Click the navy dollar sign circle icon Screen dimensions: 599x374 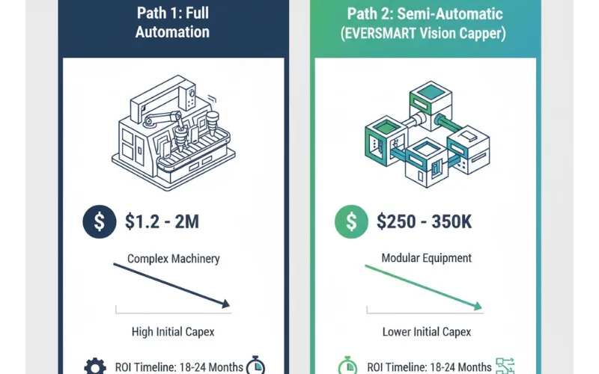point(100,221)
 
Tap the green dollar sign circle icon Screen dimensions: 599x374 point(351,221)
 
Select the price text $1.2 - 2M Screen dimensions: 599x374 point(162,221)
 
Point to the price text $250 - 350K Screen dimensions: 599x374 point(424,221)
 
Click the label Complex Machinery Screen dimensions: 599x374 point(174,259)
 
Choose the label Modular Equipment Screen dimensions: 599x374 point(426,258)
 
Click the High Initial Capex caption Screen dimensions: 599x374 point(173,331)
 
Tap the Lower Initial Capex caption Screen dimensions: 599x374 point(426,331)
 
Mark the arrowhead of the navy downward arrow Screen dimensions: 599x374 point(226,304)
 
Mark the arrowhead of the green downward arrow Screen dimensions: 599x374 point(478,306)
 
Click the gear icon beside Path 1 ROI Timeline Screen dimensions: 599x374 point(95,367)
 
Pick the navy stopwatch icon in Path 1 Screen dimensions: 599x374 point(255,365)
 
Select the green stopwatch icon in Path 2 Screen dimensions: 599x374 point(347,366)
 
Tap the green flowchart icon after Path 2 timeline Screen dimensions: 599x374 point(505,366)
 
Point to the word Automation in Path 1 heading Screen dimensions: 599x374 point(172,32)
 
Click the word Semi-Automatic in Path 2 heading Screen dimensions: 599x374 point(450,13)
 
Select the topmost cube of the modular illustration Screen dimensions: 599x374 point(431,100)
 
